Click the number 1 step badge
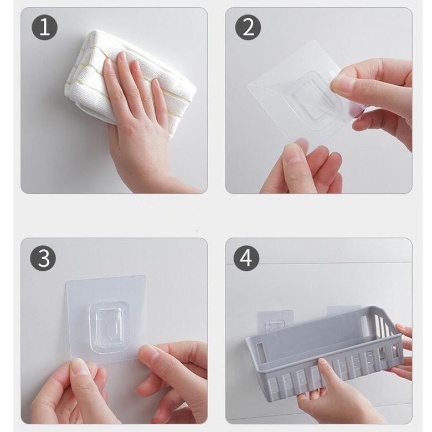coord(45,27)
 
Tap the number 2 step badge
coord(248,27)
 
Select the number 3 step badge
coord(43,258)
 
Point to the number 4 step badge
coord(246,258)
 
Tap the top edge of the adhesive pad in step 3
coord(106,278)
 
